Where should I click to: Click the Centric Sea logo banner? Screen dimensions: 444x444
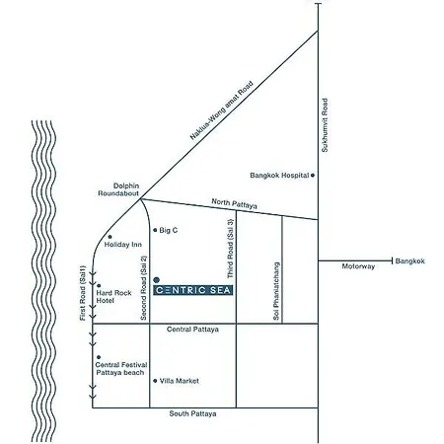coord(193,290)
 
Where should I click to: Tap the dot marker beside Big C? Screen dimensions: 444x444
coord(155,230)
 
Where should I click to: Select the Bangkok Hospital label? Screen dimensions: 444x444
coord(279,176)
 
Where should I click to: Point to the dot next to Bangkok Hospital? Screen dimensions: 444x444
coord(313,176)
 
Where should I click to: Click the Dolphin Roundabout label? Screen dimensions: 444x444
coord(118,189)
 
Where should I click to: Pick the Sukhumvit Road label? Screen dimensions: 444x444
coord(325,125)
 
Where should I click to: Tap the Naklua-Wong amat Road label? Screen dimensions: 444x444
coord(222,111)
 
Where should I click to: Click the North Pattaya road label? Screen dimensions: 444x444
coord(234,203)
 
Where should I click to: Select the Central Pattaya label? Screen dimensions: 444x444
coord(192,330)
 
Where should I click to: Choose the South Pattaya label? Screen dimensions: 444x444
coord(192,413)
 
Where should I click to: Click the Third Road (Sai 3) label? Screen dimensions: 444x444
coord(231,249)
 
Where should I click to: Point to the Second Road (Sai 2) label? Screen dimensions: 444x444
coord(143,288)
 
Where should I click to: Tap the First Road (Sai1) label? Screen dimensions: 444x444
coord(83,293)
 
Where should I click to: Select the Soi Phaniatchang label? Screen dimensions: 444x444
coord(276,291)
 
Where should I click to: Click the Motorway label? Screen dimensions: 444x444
coord(358,266)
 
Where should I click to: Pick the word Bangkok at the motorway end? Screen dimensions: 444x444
coord(410,261)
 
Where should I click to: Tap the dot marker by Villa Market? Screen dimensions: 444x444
coord(155,381)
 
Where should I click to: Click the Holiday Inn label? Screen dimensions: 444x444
coord(123,245)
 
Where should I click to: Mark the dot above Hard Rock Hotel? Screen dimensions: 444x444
coord(99,286)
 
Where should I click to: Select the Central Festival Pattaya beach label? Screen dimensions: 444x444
coord(121,369)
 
